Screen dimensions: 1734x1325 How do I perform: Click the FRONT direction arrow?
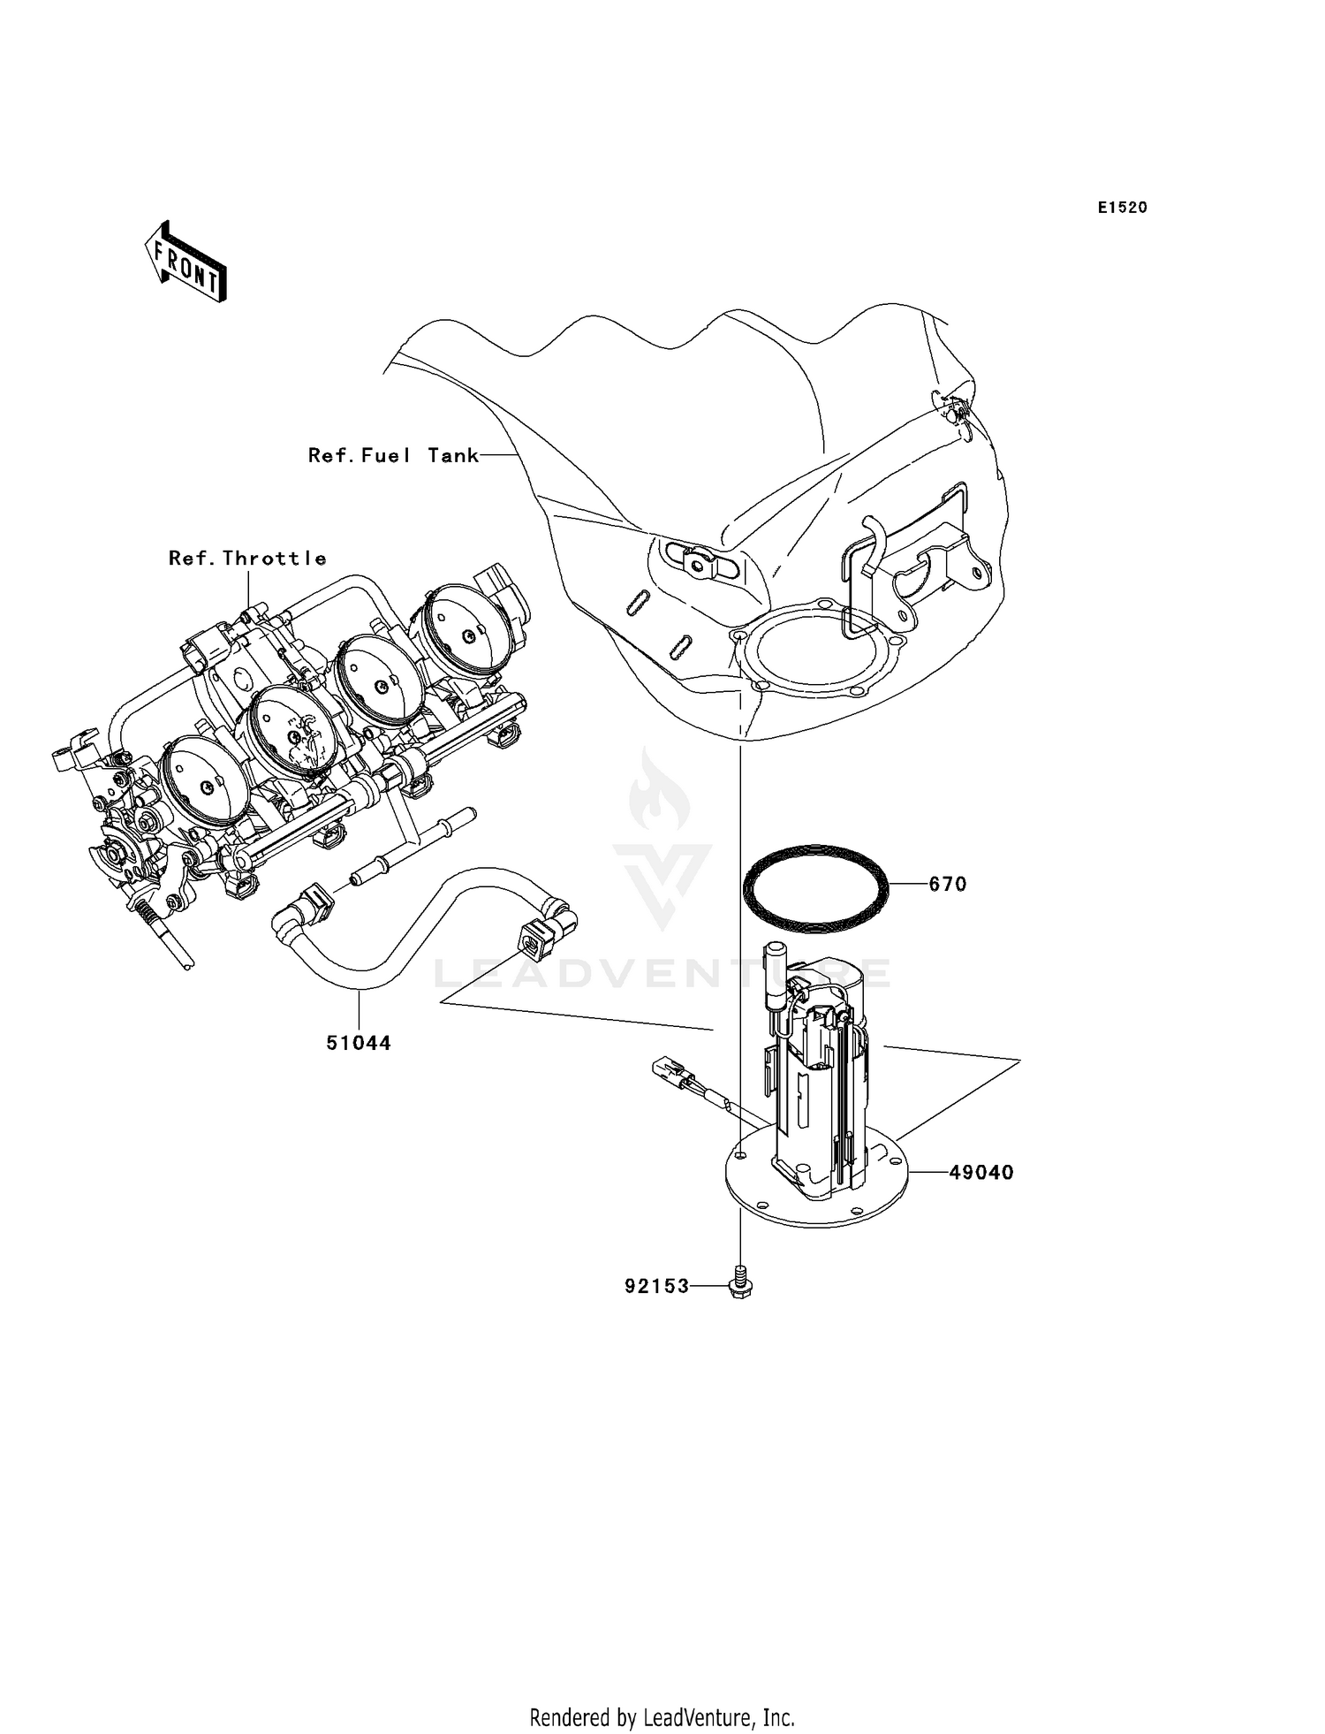(186, 262)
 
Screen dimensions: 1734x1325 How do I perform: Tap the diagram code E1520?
(1122, 208)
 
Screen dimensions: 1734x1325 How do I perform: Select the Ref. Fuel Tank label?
(393, 455)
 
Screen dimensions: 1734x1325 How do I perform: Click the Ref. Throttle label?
(247, 559)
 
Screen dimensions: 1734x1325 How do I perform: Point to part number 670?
(948, 885)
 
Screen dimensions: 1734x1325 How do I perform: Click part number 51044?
(359, 1043)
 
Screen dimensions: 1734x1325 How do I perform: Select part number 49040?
(981, 1173)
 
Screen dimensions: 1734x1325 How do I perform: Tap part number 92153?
(656, 1287)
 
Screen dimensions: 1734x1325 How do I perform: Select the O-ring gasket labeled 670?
(814, 889)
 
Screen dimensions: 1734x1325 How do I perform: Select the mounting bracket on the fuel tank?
(919, 566)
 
